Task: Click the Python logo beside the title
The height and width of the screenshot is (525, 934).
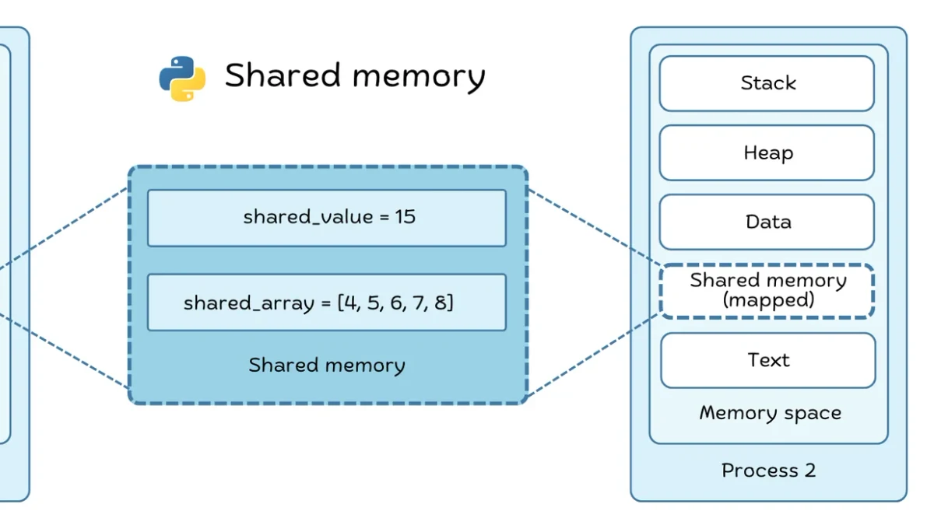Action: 182,79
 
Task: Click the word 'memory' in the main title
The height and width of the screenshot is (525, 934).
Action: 419,78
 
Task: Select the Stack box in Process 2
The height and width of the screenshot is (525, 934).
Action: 767,83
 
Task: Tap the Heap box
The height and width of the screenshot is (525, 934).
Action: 767,152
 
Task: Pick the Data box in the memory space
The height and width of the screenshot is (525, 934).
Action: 767,222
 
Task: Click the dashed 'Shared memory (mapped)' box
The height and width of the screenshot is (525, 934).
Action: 767,291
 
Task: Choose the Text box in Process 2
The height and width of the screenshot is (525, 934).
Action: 768,360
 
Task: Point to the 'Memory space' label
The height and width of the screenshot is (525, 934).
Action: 770,413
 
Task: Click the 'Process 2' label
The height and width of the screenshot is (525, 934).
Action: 768,471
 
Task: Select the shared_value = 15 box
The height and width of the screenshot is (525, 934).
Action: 327,218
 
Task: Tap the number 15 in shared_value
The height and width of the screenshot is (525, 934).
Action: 406,217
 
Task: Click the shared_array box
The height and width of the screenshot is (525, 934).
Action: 327,302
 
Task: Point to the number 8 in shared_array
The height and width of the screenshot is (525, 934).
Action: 440,303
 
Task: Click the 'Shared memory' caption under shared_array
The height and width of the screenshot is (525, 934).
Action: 327,366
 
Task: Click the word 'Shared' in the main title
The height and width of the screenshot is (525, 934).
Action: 283,75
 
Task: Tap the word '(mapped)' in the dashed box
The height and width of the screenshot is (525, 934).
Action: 768,300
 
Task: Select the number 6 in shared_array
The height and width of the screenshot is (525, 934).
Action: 395,303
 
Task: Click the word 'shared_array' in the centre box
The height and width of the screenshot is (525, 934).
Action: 249,303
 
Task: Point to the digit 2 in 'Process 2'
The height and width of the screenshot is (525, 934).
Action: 810,470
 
